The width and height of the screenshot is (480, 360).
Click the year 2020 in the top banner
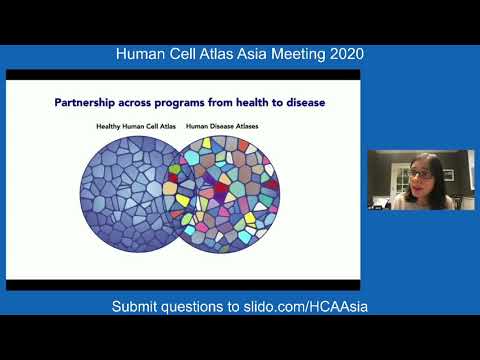[x=341, y=53]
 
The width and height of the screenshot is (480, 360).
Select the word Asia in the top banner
[x=239, y=53]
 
